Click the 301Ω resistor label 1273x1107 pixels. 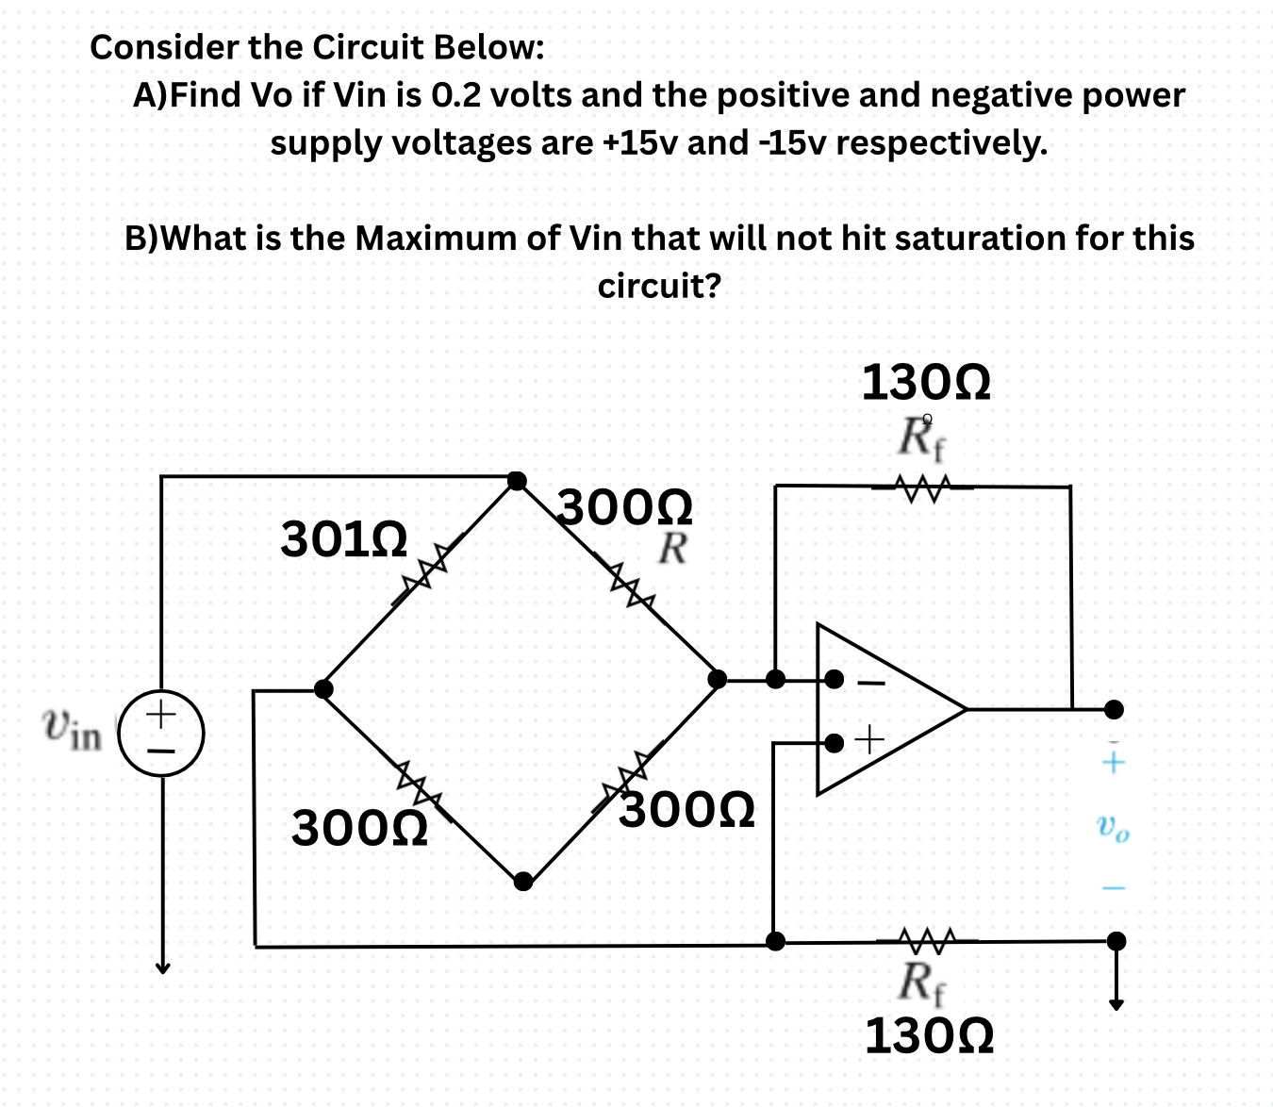(x=344, y=539)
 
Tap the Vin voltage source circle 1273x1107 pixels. (x=161, y=733)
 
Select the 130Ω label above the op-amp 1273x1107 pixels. (x=926, y=383)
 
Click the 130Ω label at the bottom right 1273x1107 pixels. (x=929, y=1035)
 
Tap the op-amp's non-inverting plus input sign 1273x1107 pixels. (x=869, y=740)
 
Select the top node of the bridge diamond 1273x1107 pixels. (x=517, y=480)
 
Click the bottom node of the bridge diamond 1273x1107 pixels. (x=523, y=882)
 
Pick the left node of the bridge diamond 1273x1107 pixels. (x=323, y=688)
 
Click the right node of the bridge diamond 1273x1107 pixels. (x=717, y=678)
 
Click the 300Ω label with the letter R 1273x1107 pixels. (x=626, y=509)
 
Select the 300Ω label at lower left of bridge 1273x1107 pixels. (x=359, y=829)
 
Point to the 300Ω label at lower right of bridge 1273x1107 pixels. (x=687, y=809)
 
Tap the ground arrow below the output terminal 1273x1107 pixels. (x=1116, y=1001)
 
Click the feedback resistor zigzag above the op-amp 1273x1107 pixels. (x=921, y=488)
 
